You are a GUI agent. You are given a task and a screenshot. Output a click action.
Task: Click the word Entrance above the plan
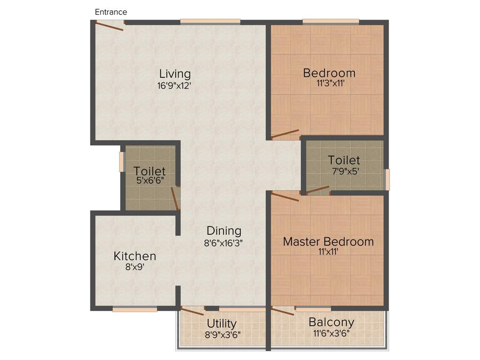coord(111,12)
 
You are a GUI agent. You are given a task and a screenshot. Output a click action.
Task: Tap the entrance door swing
coord(109,26)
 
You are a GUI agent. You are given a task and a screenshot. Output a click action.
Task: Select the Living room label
coord(175,74)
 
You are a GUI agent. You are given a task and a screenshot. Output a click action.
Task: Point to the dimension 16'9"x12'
coord(175,86)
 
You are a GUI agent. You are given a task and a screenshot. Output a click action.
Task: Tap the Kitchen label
coord(135,256)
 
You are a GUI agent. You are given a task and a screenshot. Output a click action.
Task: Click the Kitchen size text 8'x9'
coord(134,268)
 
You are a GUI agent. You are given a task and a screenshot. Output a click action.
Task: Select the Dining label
coord(224,231)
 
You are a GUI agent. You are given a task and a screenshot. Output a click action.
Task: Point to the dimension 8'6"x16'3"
coord(223,243)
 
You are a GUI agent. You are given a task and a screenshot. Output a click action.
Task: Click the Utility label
coord(222,324)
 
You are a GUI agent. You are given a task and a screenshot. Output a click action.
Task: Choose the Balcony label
coord(331,322)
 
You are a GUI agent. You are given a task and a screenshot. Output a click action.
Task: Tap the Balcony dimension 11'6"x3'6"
coord(331,334)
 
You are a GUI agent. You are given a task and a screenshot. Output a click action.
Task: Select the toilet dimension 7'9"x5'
coord(345,172)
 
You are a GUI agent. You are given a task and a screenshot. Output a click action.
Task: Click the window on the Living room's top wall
coord(210,21)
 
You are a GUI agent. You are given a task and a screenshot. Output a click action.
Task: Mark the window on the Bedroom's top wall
coord(330,21)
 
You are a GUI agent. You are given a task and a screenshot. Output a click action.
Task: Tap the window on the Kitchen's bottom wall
coord(135,309)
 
